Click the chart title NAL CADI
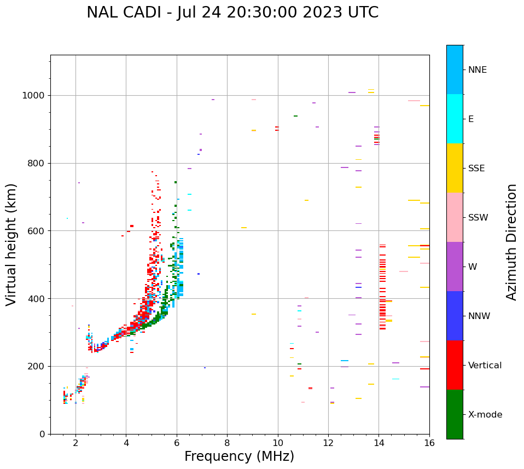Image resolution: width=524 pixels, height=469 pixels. (x=232, y=13)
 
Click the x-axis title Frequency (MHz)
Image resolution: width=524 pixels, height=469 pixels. (x=239, y=456)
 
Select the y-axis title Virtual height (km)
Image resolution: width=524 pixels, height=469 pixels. (x=11, y=245)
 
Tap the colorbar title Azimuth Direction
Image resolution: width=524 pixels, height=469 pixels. (x=511, y=241)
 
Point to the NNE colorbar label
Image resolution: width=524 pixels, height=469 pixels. (x=477, y=70)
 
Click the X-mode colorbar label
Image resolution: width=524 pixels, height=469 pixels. (x=485, y=415)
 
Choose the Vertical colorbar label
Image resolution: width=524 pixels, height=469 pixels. (x=485, y=366)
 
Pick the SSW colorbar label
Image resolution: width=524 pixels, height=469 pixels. (x=478, y=218)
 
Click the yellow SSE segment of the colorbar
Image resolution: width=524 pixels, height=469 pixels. (x=455, y=168)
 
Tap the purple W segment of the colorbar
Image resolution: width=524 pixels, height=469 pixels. (x=455, y=267)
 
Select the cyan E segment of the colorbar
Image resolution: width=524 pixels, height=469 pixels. (x=455, y=119)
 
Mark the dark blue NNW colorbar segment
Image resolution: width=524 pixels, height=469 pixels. (x=455, y=316)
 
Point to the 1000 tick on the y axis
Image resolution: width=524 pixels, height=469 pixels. (x=36, y=96)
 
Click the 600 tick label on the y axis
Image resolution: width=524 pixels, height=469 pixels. (x=38, y=231)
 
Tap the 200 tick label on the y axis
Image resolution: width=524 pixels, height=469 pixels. (x=38, y=367)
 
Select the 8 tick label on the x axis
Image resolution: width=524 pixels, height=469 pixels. (x=227, y=444)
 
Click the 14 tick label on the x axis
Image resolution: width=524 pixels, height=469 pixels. (x=379, y=444)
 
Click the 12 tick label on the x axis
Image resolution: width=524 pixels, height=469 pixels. (x=328, y=444)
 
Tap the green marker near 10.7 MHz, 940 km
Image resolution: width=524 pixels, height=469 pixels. (x=295, y=116)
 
